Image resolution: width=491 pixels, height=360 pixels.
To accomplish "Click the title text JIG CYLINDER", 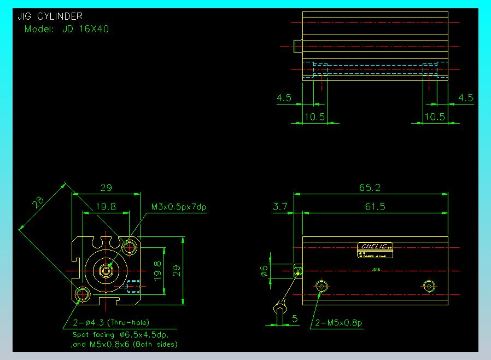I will tap(50, 16).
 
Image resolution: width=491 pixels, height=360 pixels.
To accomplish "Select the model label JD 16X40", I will tap(67, 29).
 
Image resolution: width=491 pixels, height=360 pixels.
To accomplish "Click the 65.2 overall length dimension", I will tap(370, 188).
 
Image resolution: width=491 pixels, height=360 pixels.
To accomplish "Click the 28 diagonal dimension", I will tap(38, 204).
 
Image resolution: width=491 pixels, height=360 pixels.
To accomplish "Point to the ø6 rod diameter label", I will tap(264, 270).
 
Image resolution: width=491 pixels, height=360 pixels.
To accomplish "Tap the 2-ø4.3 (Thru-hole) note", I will tap(111, 322).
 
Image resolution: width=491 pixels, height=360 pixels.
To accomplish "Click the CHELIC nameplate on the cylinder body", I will tap(375, 246).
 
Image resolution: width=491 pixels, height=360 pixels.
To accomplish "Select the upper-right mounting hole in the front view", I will tap(130, 247).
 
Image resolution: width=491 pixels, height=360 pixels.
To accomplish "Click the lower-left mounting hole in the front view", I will tap(82, 294).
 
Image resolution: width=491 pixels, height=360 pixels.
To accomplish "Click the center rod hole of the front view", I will tap(106, 270).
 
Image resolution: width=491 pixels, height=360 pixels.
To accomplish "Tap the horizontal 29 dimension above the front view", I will tap(106, 188).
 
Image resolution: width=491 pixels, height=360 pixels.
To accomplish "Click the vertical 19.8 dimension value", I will tap(157, 270).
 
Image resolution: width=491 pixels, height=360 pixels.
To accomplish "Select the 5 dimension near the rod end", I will tap(295, 317).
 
